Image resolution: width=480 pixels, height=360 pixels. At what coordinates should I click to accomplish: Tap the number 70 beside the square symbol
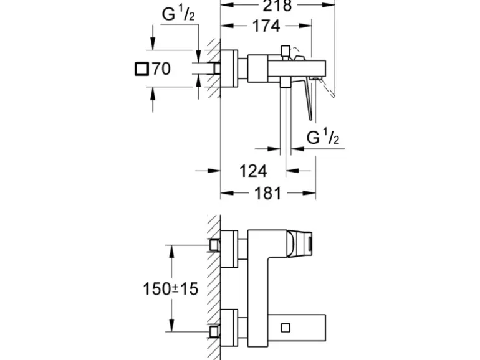coord(161,69)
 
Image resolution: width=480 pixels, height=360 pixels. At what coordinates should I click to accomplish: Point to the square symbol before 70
coord(142,69)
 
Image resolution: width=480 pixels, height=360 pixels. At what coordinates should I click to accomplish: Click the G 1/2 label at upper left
coord(178,15)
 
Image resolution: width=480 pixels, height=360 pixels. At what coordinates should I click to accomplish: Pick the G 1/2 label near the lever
coord(323,138)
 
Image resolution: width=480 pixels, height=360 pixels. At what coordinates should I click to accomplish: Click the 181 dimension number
coord(269,193)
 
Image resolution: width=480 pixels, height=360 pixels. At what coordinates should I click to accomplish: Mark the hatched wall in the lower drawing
coord(214,287)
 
